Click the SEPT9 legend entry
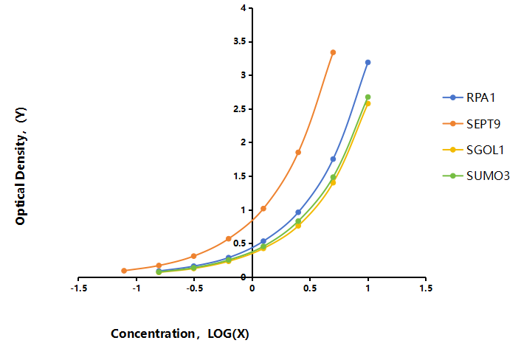click(x=472, y=124)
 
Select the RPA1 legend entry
click(x=469, y=97)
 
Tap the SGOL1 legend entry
click(x=474, y=150)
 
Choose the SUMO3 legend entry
click(x=476, y=176)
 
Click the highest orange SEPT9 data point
click(x=333, y=52)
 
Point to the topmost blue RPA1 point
click(x=368, y=63)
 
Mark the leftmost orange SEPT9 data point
click(x=124, y=271)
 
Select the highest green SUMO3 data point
click(x=368, y=97)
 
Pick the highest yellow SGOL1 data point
click(x=368, y=103)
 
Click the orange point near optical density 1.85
click(x=298, y=153)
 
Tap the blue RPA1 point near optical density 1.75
click(x=333, y=159)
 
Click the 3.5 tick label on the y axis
click(x=240, y=41)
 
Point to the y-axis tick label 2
click(x=244, y=142)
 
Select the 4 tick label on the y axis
click(x=244, y=7)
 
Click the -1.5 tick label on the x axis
click(x=79, y=288)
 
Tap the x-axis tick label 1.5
click(x=426, y=288)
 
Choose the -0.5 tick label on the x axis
click(x=194, y=288)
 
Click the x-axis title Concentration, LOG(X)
click(x=180, y=333)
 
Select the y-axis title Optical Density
click(x=21, y=166)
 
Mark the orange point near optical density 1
click(x=263, y=209)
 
